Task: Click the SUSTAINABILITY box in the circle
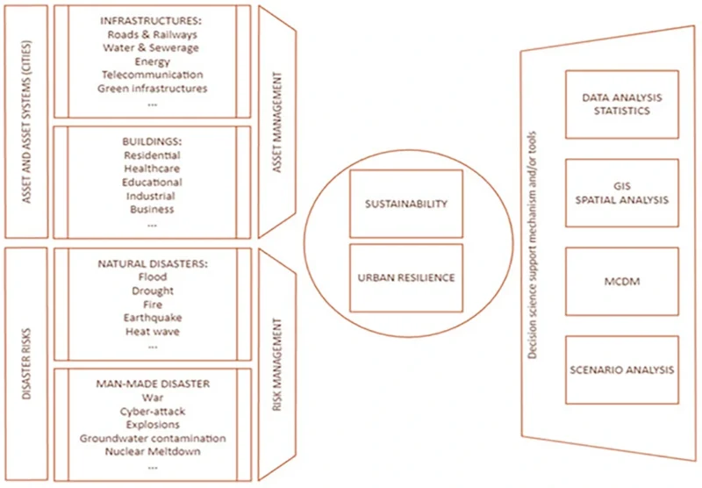click(x=405, y=204)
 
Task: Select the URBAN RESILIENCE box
click(x=405, y=277)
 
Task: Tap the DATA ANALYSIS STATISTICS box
click(x=621, y=104)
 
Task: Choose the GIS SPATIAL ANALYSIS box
click(x=621, y=193)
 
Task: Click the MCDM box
click(x=621, y=282)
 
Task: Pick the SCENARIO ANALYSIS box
click(x=621, y=370)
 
